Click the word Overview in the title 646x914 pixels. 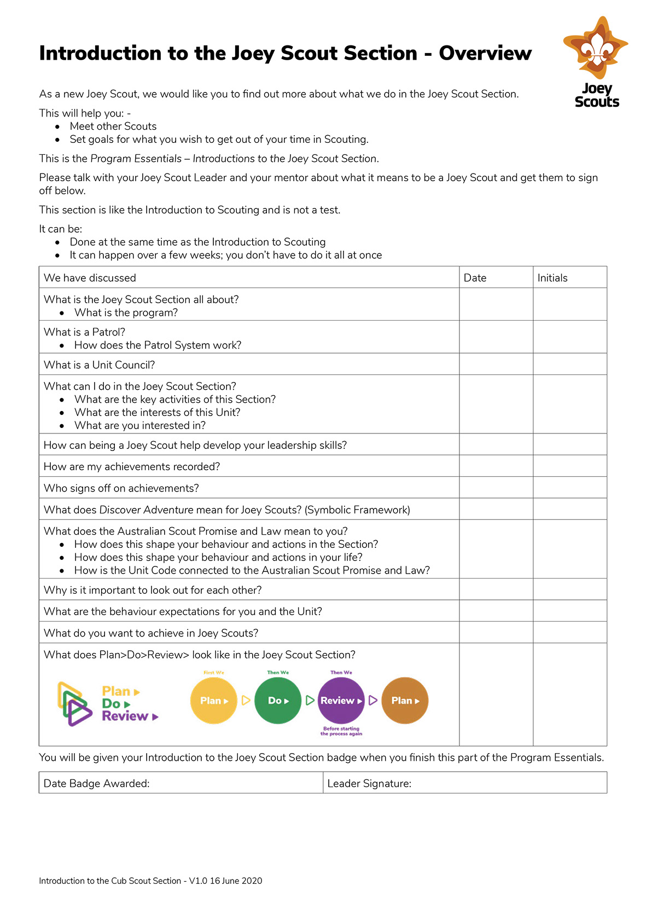coord(485,53)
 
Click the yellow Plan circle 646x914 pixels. coord(214,701)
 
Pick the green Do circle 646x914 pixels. coord(278,701)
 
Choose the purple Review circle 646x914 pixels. coord(341,701)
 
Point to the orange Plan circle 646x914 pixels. coord(405,701)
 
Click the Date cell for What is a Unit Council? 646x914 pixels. coord(496,365)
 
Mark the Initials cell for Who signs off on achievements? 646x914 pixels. coord(569,488)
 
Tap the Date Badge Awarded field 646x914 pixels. coord(181,783)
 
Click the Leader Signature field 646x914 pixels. coord(465,783)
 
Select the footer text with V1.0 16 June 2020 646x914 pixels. coord(150,881)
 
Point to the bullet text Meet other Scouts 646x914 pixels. coord(113,126)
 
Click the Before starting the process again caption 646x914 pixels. coord(341,731)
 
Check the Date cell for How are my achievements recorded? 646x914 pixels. coord(496,466)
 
